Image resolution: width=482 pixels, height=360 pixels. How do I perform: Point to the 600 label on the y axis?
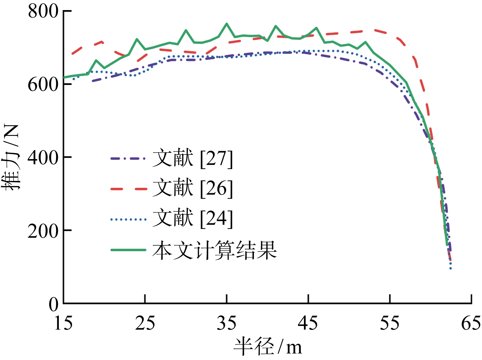coord(43,84)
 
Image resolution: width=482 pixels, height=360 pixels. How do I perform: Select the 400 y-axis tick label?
coord(43,157)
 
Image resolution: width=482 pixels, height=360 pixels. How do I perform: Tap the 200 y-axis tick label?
coord(43,231)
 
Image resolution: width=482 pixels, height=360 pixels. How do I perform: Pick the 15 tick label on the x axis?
coord(64,323)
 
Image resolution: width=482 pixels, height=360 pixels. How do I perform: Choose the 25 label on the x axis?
coord(145,323)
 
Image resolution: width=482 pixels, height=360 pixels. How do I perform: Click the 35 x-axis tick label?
coord(227,323)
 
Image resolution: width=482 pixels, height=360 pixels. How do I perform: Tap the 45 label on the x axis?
coord(308,323)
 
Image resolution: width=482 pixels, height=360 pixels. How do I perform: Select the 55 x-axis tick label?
coord(390,323)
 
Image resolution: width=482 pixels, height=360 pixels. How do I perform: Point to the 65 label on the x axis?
coord(471,323)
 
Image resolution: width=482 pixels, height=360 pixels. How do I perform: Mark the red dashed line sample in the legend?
coord(128,189)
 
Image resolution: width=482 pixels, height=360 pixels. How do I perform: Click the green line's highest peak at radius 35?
coord(227,24)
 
